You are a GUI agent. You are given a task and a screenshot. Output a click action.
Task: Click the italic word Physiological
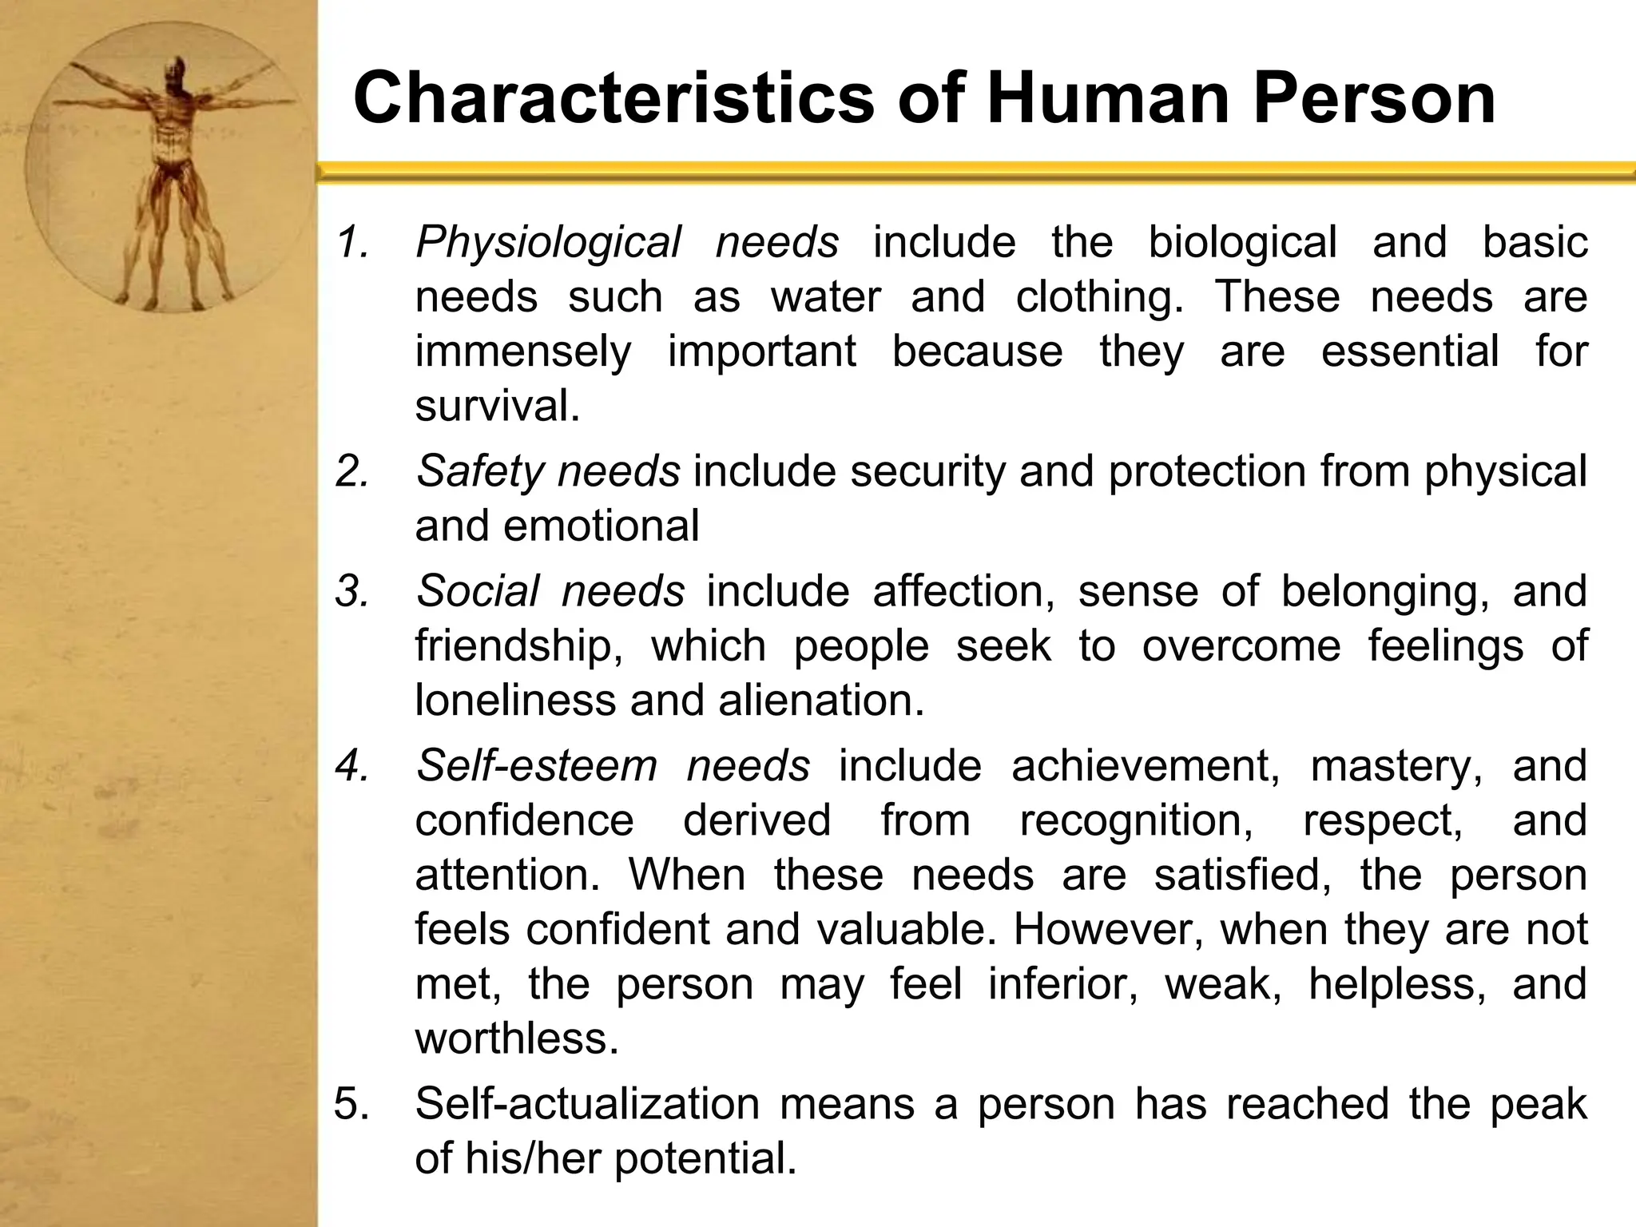548,242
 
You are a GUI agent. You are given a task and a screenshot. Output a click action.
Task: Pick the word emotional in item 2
602,526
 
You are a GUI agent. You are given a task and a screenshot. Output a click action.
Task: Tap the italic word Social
477,591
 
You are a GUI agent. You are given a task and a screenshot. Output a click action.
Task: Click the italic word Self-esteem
536,765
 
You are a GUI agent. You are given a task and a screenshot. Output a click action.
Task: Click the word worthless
516,1038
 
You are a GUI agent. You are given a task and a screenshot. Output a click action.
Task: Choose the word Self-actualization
587,1104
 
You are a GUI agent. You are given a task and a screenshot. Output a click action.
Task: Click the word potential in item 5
705,1158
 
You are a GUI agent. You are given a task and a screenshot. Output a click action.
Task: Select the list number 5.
351,1105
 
